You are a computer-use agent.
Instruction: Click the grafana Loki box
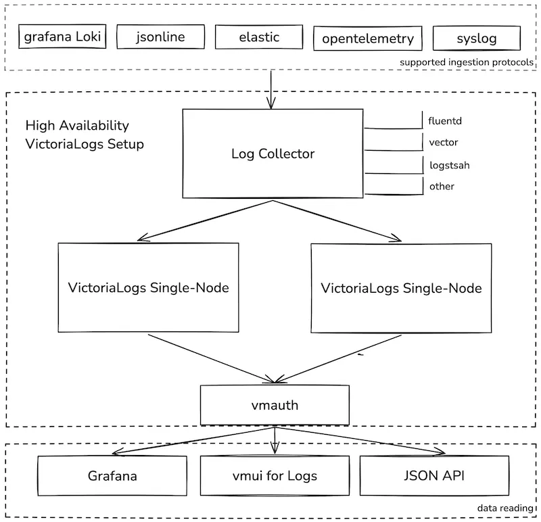(62, 37)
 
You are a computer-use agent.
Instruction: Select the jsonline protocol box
(160, 37)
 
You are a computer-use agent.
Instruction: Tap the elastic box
(258, 37)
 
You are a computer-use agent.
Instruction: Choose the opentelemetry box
(368, 39)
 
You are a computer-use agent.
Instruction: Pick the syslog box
(475, 38)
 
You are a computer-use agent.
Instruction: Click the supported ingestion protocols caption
(466, 62)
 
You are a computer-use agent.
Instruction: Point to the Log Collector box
(273, 153)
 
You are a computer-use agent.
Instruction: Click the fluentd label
(445, 121)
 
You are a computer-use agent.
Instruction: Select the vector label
(443, 143)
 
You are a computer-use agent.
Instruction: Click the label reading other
(442, 186)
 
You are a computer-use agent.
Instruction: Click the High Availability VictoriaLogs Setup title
(85, 135)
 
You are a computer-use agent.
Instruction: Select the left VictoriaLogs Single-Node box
(148, 287)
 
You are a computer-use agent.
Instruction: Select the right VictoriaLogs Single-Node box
(401, 288)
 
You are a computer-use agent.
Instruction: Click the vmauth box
(274, 406)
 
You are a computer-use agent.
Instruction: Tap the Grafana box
(112, 475)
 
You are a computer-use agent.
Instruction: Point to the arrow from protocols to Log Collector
(270, 88)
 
